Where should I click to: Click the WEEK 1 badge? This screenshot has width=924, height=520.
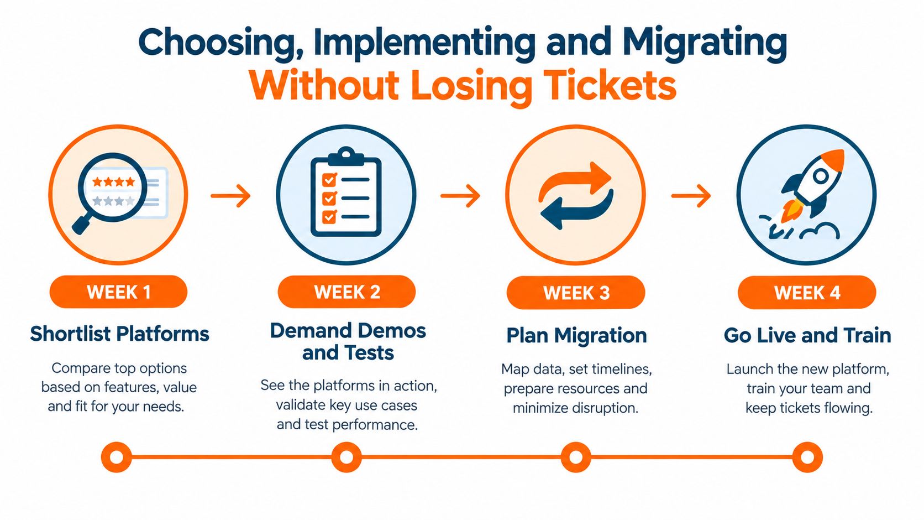coord(118,292)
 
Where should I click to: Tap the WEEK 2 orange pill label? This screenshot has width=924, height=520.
coord(347,292)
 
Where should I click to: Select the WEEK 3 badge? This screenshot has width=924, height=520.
coord(576,293)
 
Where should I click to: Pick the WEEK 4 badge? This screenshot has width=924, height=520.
coord(807,293)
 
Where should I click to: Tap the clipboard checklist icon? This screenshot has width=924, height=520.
coord(346,192)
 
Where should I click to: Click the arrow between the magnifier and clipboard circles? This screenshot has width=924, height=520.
coord(230,195)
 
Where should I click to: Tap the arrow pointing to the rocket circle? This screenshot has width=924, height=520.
coord(691,195)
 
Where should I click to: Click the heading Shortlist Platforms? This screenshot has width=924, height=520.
coord(119,334)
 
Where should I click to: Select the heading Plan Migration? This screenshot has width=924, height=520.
coord(576,335)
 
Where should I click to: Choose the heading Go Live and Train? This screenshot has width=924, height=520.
coord(807,335)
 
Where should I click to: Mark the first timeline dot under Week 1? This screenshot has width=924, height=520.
coord(117,457)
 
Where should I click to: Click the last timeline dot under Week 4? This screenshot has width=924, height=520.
coord(807,457)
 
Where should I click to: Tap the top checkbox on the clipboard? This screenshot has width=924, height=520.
coord(329,180)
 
